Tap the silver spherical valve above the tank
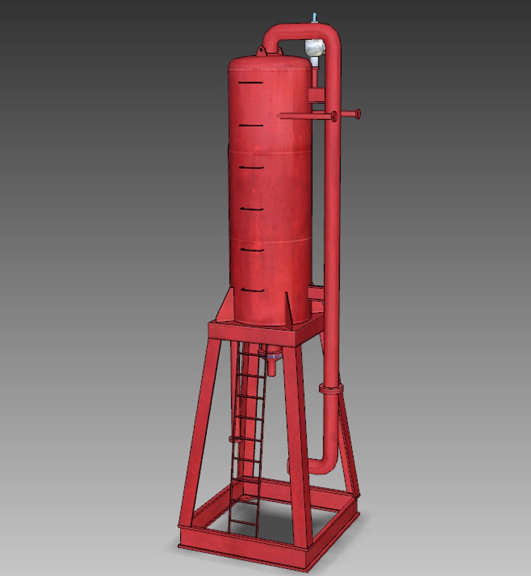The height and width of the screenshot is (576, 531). tap(314, 48)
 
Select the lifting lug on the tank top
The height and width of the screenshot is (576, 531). tap(261, 52)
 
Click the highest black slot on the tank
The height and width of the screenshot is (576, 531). tap(250, 83)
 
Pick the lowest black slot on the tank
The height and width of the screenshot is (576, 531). tap(252, 290)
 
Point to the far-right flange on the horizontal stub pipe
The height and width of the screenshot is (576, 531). tap(357, 114)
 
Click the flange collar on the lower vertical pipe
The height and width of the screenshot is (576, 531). tap(331, 388)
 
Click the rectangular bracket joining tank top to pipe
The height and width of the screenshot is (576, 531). tap(316, 96)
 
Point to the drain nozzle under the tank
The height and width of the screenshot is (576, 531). tap(273, 363)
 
